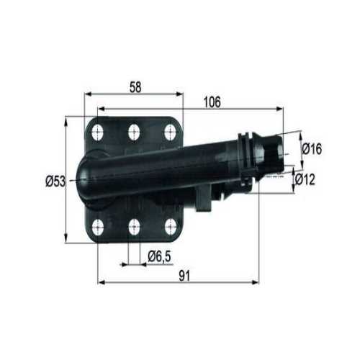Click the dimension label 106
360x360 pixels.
212,102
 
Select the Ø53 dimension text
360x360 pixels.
55,181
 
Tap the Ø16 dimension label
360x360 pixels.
311,149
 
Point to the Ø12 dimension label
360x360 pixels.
311,181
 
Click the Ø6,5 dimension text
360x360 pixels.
158,256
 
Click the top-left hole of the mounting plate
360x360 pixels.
99,132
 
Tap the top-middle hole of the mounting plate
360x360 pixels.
134,131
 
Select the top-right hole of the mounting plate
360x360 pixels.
170,131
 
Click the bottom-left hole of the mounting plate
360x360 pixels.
99,228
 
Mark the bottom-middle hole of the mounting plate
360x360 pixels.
134,228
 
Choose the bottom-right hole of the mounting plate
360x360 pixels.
170,228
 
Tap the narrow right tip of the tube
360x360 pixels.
276,153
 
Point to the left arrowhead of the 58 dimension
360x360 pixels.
88,94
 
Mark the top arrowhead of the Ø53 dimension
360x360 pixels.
67,119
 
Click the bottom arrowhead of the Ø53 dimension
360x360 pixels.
67,240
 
